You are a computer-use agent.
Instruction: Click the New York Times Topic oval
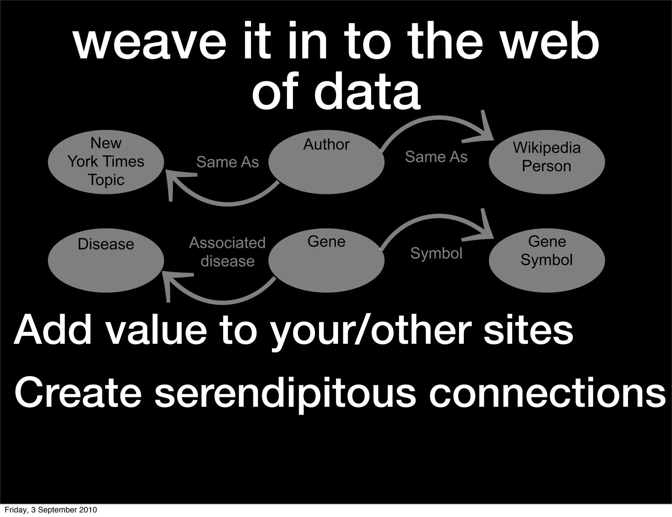106,162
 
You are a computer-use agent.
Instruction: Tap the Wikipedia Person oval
547,162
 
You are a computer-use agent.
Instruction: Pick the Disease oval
106,260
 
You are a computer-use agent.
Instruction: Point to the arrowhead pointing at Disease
172,282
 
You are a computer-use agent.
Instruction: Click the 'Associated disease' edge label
227,252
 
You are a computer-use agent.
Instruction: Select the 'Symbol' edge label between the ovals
436,253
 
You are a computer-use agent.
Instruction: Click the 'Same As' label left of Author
227,162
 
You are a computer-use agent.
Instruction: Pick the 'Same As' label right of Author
436,157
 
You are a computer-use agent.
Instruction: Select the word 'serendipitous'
285,394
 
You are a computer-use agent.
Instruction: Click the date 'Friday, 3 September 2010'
51,510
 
